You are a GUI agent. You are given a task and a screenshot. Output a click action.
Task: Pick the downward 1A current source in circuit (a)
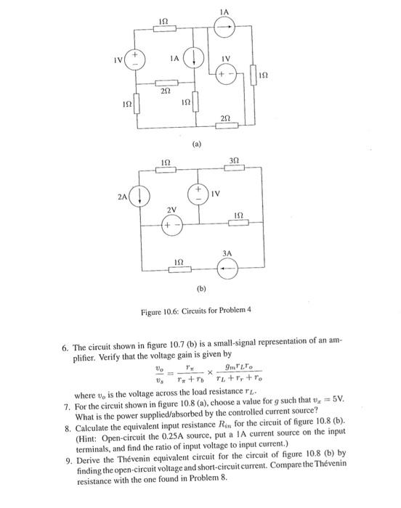(x=194, y=57)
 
